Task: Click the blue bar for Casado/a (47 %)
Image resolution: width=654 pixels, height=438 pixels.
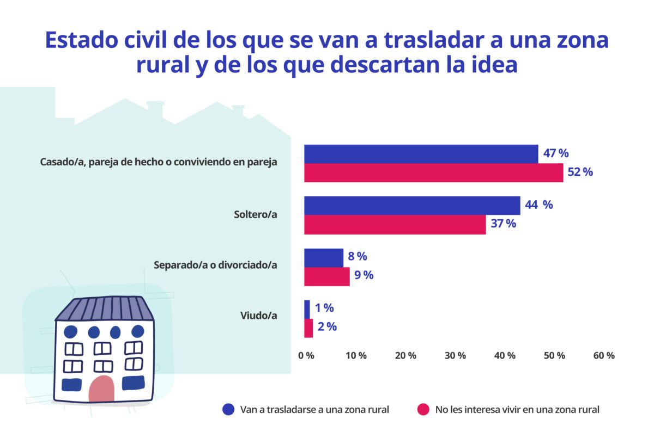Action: (x=421, y=154)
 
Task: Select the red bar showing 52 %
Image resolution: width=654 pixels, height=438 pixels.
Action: (x=433, y=172)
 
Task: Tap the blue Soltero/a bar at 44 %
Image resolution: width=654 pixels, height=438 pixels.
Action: (x=412, y=205)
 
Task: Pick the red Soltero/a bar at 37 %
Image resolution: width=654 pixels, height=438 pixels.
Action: (x=395, y=224)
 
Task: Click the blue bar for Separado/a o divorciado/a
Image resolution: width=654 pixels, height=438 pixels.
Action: (x=324, y=257)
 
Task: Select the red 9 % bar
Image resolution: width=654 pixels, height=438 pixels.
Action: (x=326, y=276)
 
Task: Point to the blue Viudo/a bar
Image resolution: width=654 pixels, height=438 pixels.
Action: (x=307, y=309)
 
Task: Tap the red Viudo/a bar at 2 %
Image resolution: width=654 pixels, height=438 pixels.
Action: (x=308, y=328)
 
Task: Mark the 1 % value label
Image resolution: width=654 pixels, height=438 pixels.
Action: (x=324, y=308)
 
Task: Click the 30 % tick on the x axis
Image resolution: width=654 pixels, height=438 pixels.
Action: (x=455, y=355)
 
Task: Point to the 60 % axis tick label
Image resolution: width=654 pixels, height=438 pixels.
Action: (x=604, y=355)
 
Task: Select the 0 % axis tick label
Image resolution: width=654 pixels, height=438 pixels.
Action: (x=306, y=355)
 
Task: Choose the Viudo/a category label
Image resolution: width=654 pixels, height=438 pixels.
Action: (x=259, y=316)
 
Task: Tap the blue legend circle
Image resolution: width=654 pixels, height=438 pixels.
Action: (x=229, y=410)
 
